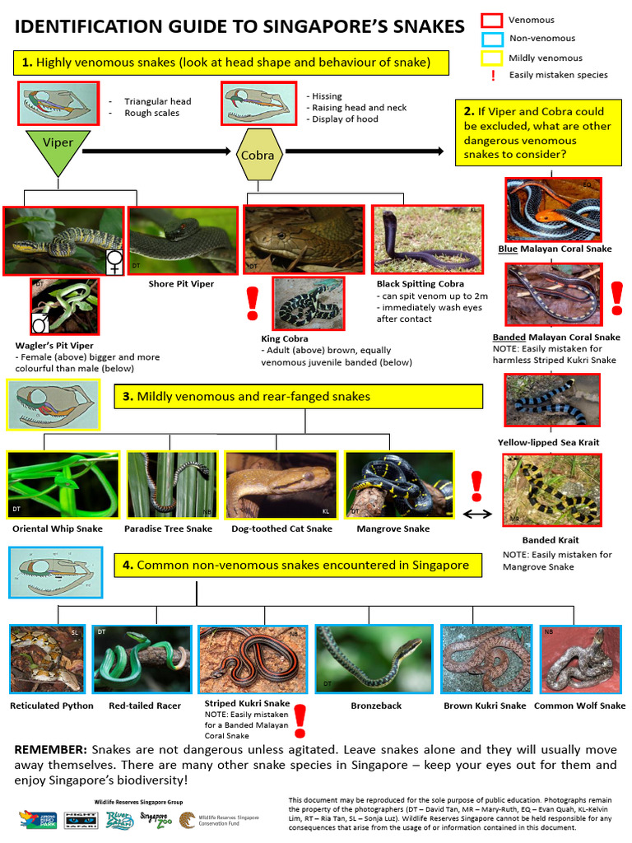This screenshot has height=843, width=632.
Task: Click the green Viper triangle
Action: [x=58, y=149]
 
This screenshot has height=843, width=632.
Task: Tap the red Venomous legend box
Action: [x=491, y=21]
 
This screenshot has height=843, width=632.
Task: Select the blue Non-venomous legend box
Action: [x=491, y=39]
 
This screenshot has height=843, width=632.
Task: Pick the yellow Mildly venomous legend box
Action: [x=491, y=58]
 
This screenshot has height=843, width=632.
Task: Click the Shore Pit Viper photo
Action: [x=182, y=240]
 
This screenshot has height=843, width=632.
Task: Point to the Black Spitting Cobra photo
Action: [x=425, y=240]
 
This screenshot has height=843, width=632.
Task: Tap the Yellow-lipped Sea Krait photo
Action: [x=552, y=401]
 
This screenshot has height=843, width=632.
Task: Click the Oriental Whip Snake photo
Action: [x=63, y=485]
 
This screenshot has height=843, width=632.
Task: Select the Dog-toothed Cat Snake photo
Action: [x=281, y=485]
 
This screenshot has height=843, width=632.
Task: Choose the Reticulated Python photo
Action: [x=47, y=659]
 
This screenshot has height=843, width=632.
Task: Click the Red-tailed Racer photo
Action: [x=142, y=659]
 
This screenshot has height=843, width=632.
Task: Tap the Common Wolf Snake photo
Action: [x=579, y=659]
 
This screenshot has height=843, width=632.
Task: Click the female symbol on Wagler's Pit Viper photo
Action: [x=114, y=262]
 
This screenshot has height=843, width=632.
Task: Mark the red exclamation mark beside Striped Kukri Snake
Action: [x=300, y=720]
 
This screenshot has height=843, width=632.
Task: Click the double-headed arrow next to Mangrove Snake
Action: [x=478, y=514]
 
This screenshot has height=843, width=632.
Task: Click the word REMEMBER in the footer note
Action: [x=50, y=750]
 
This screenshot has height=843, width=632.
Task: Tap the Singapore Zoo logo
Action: [x=154, y=819]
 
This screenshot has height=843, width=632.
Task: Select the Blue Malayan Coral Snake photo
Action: [x=554, y=209]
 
